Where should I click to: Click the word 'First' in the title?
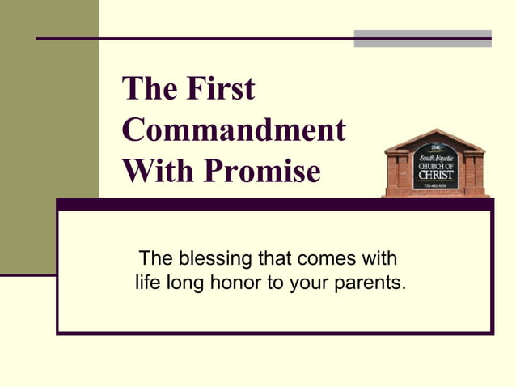[x=220, y=88]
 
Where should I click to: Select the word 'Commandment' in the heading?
[x=235, y=130]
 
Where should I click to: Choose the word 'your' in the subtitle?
[x=311, y=283]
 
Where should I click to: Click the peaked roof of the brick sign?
[x=434, y=137]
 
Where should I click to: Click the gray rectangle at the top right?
[x=422, y=39]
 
